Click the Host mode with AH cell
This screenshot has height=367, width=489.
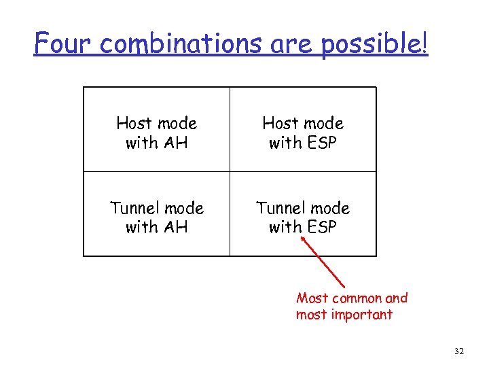tap(157, 133)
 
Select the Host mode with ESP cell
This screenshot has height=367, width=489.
tap(303, 133)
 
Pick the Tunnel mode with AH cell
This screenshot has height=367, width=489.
tap(157, 217)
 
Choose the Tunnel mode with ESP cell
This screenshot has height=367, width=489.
tap(303, 217)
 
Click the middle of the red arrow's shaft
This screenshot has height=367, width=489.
tap(325, 263)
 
